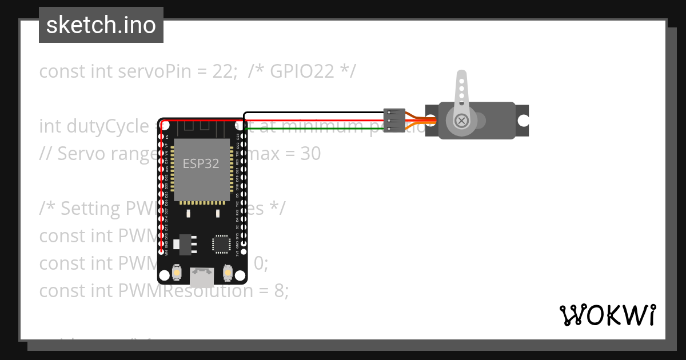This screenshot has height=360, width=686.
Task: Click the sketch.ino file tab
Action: click(101, 25)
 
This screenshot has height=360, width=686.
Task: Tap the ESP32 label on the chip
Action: click(201, 163)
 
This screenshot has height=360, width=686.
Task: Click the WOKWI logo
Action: click(608, 315)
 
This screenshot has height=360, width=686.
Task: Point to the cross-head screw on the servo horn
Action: click(461, 121)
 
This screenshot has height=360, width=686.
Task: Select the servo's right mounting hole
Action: click(523, 121)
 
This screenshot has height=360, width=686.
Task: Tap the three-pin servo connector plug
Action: click(394, 121)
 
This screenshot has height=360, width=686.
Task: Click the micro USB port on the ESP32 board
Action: click(202, 278)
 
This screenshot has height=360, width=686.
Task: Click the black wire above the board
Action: click(314, 113)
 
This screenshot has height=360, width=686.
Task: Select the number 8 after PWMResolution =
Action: click(279, 291)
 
